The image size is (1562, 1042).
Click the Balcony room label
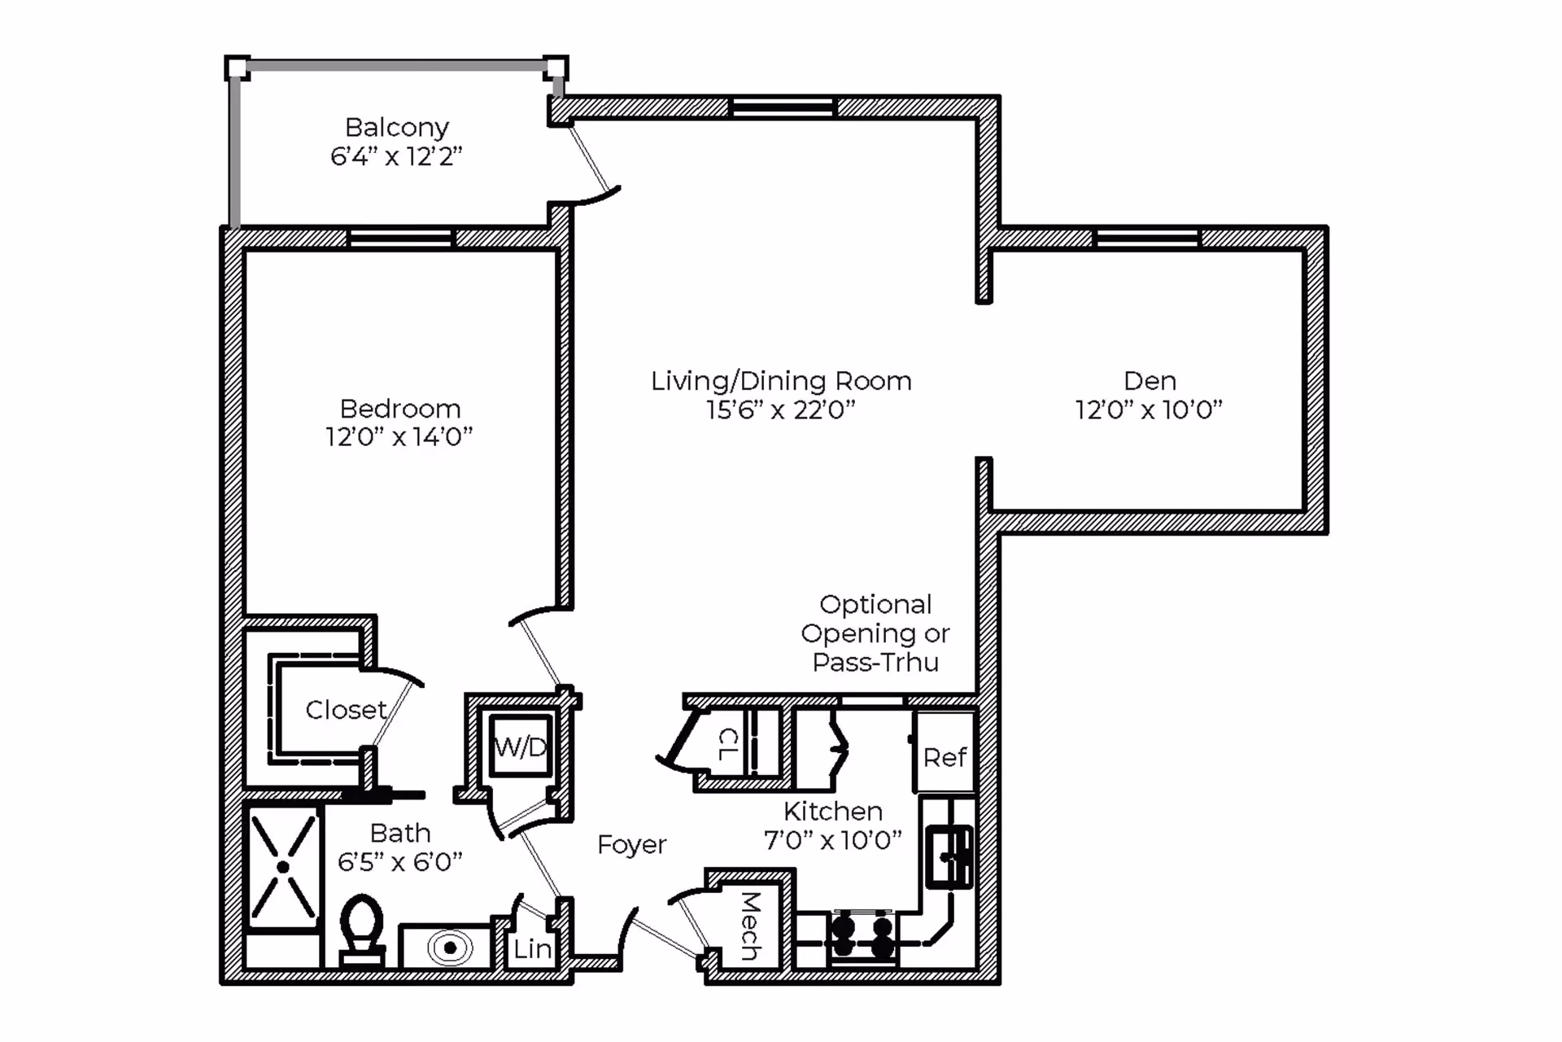396,127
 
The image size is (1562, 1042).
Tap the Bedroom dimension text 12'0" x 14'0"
399,437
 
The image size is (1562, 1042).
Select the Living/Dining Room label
781,381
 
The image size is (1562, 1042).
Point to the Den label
1150,380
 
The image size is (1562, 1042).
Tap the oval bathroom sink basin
450,948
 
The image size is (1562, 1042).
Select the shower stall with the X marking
282,867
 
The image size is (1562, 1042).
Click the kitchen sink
949,857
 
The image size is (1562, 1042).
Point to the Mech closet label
750,926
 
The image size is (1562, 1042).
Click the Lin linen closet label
533,948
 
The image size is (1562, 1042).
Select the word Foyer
631,845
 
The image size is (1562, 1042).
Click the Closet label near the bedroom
346,710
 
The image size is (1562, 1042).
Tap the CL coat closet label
728,744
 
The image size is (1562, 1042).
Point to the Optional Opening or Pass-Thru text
875,633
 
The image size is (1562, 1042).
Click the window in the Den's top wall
1147,238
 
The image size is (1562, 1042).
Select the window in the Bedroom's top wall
400,238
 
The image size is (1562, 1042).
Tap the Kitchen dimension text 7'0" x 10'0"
833,840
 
